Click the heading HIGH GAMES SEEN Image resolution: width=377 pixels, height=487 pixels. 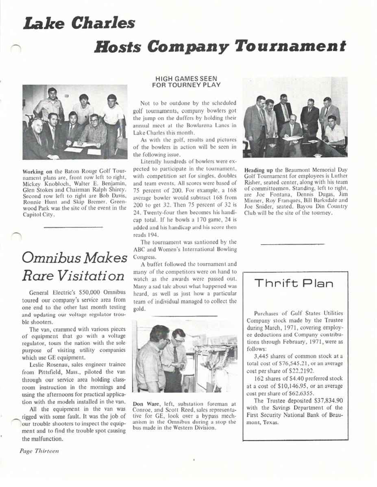pyautogui.click(x=186, y=79)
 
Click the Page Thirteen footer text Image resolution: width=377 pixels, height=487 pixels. pyautogui.click(x=39, y=451)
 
